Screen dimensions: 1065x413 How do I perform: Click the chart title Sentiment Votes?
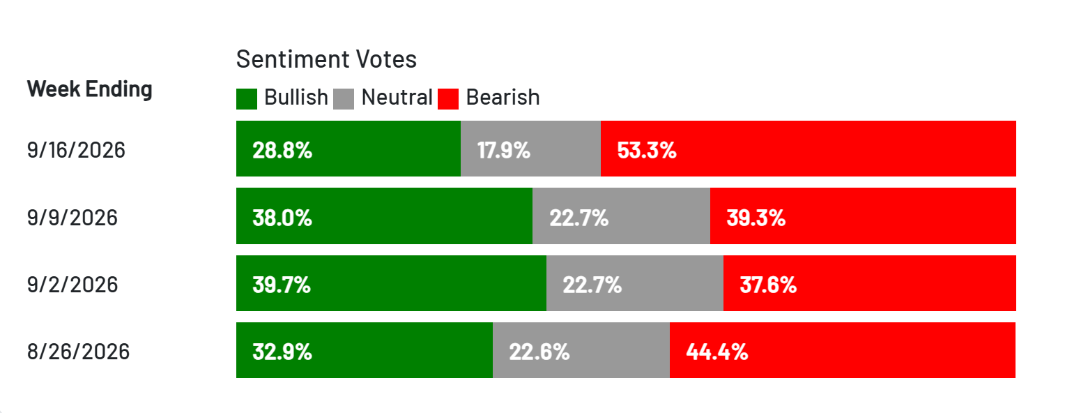tap(326, 59)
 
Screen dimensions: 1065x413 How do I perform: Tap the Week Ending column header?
tap(90, 89)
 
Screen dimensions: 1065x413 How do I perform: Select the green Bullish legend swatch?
tap(246, 99)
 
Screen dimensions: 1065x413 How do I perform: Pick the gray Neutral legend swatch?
tap(344, 99)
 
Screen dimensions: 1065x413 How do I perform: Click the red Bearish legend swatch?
tap(448, 99)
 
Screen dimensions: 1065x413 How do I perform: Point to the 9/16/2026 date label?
tap(76, 151)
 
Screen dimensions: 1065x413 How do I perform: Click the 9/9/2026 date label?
tap(72, 218)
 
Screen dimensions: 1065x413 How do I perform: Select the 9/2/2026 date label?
tap(72, 285)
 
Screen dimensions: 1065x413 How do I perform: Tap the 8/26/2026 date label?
tap(79, 352)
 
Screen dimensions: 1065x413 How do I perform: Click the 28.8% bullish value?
tap(282, 151)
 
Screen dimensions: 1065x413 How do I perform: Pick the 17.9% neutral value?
tap(503, 151)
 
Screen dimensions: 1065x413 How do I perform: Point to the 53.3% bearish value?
tap(647, 151)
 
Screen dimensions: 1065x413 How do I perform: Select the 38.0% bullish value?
tap(282, 218)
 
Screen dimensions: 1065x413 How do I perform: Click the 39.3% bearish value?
tap(756, 218)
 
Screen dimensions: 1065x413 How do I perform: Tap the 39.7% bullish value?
tap(282, 285)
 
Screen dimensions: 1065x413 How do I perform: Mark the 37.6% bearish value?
tap(768, 285)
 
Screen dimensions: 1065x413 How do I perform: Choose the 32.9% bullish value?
tap(282, 352)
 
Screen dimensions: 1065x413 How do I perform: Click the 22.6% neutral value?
tap(539, 352)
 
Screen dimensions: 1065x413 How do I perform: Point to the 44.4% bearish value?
tap(717, 352)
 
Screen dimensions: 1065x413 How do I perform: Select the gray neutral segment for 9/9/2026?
tap(622, 216)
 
